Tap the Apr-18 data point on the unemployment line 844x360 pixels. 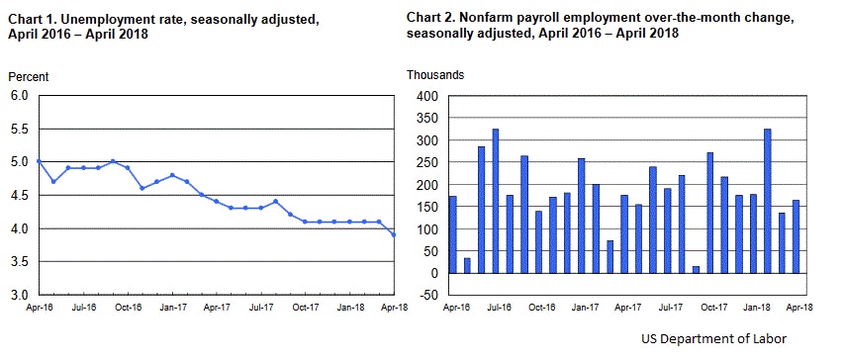(x=394, y=234)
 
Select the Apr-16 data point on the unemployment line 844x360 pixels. (x=37, y=161)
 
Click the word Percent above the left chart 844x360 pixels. (x=28, y=76)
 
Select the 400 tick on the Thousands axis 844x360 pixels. (x=427, y=96)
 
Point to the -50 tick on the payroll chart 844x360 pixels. (x=427, y=296)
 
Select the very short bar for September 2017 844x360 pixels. (x=696, y=270)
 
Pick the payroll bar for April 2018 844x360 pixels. (x=796, y=236)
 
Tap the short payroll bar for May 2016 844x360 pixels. (x=467, y=266)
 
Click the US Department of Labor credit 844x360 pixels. (x=712, y=339)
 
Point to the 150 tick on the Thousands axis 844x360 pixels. (x=427, y=207)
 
